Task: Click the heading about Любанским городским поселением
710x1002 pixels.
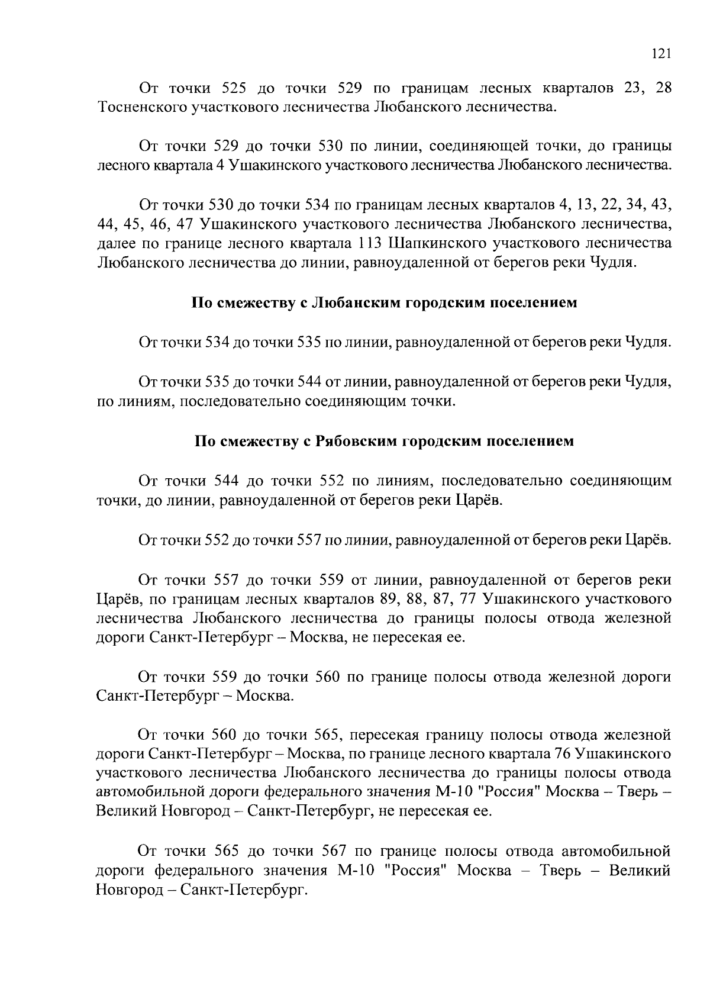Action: [383, 304]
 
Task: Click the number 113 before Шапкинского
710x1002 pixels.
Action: [373, 244]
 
